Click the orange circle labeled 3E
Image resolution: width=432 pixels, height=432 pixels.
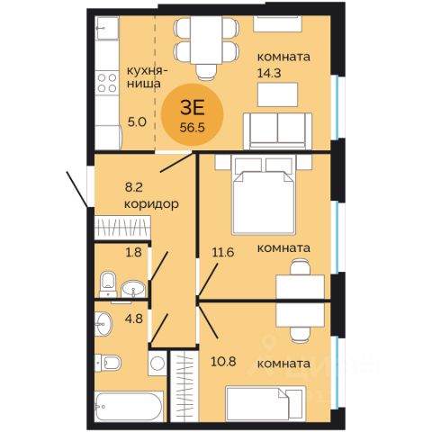[193, 114]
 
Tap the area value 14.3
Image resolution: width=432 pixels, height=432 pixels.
[269, 73]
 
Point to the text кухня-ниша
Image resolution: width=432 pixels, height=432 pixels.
[148, 77]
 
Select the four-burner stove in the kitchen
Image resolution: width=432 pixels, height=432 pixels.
[107, 83]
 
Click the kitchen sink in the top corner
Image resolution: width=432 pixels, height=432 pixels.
[107, 28]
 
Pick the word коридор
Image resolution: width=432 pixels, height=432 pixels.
[151, 204]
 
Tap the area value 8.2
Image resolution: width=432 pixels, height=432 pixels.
[133, 187]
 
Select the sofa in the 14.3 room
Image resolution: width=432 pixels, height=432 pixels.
[278, 131]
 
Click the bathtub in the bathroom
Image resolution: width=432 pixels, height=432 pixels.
[130, 407]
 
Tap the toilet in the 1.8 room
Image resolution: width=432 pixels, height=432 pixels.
[108, 283]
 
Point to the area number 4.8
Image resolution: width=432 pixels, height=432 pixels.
[135, 319]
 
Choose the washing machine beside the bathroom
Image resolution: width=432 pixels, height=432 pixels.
[157, 364]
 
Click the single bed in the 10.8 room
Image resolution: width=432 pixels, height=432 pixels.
[265, 403]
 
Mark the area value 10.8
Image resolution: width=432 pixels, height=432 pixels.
[223, 362]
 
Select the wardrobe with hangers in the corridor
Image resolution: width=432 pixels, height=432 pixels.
[122, 228]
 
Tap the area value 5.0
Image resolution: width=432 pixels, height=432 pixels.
[137, 122]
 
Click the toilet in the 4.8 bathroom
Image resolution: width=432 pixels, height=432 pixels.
[108, 363]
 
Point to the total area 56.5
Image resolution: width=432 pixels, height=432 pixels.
[193, 128]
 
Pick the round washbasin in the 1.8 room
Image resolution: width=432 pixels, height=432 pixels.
[133, 289]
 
